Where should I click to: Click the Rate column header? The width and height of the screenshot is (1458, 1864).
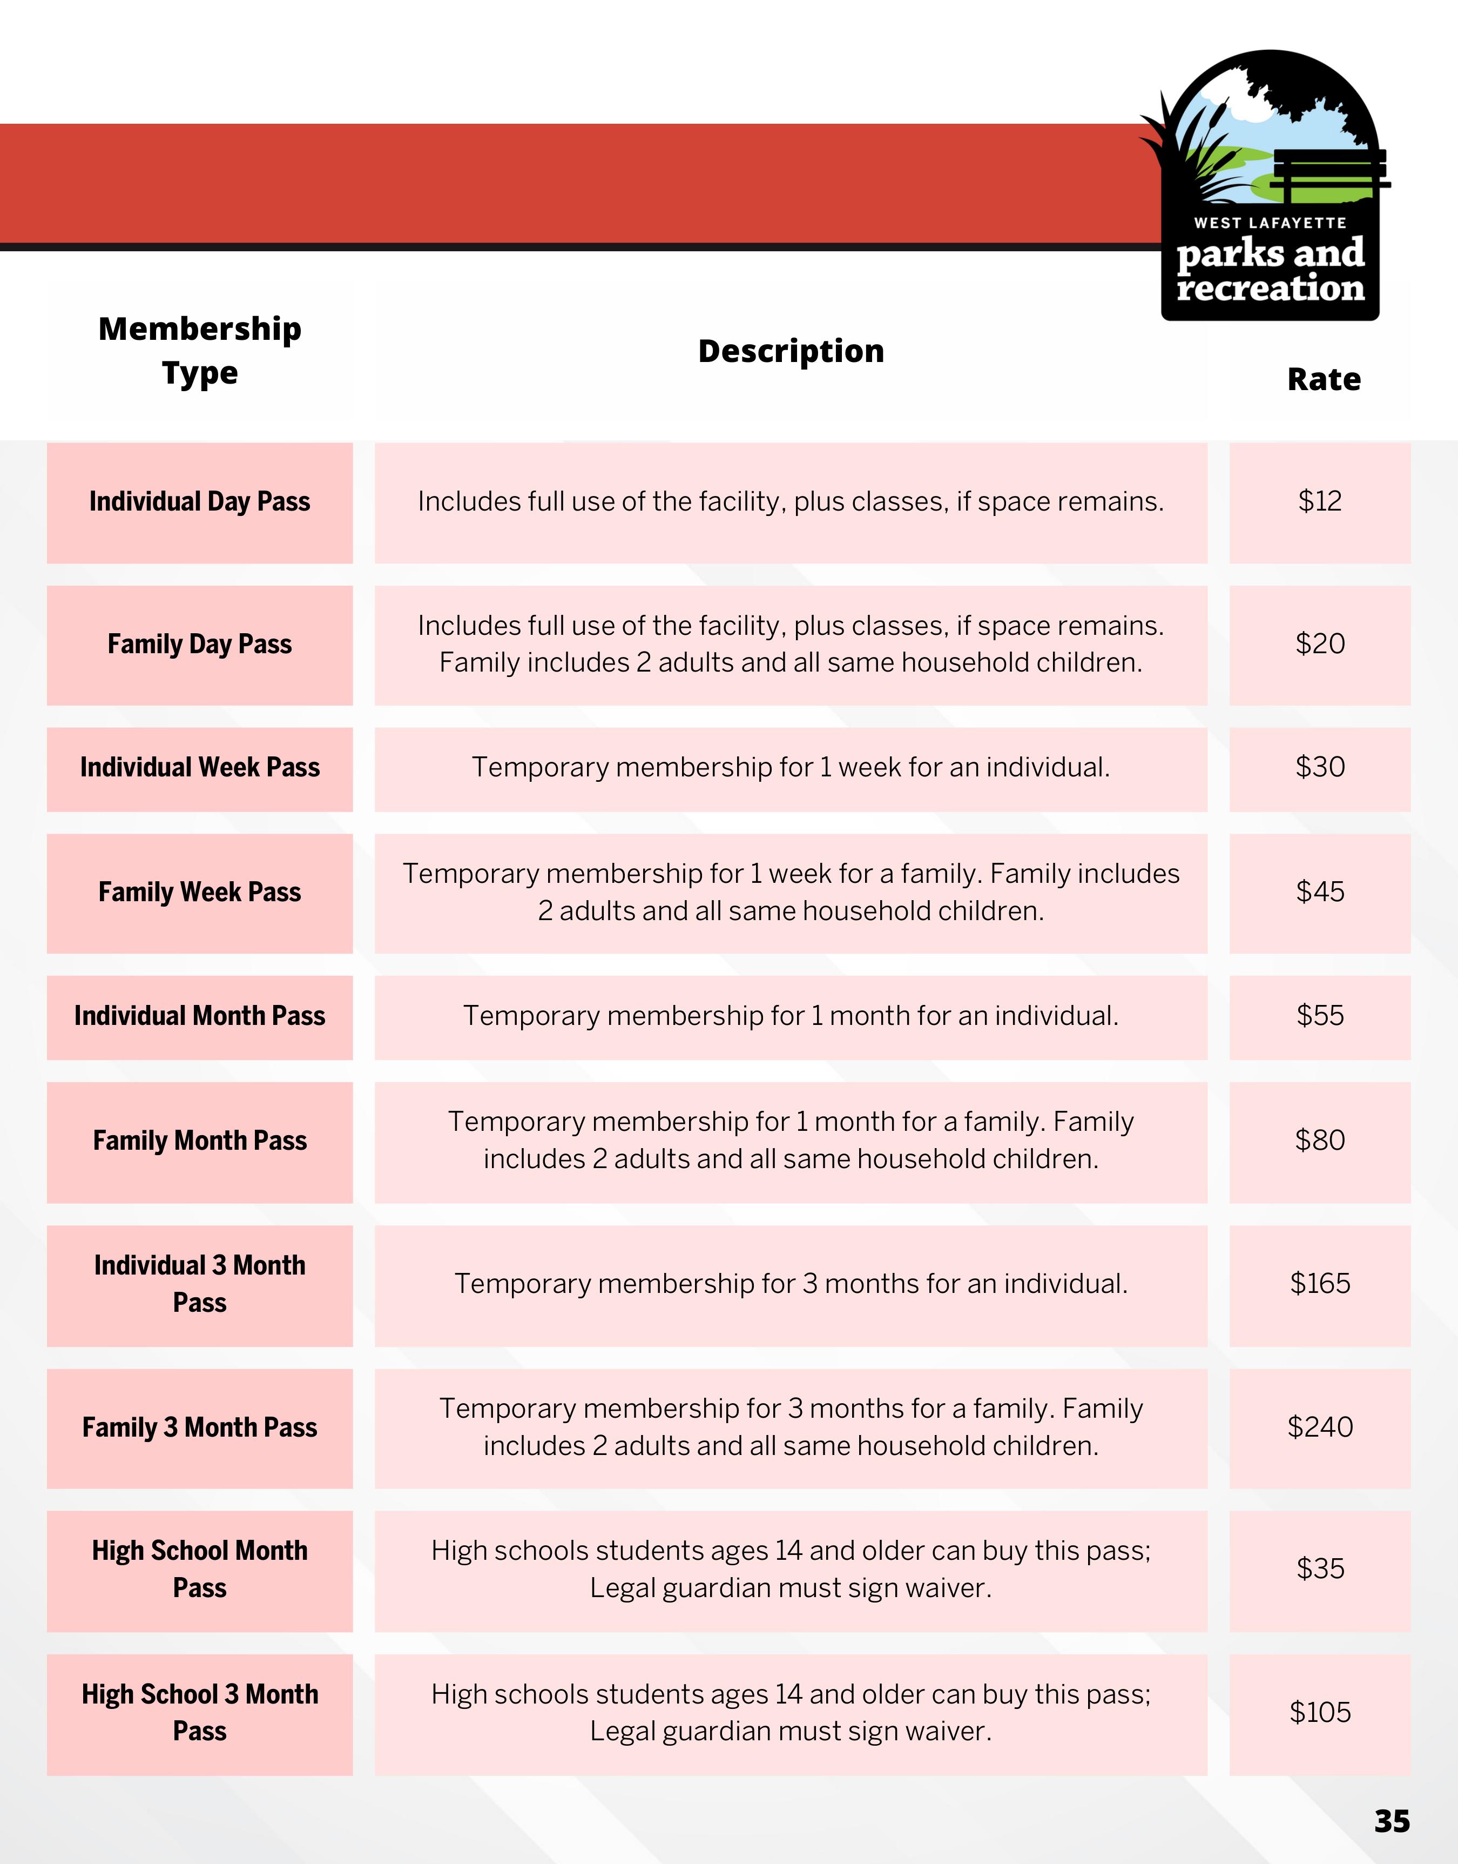[x=1323, y=379]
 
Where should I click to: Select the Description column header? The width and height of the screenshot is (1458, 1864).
[x=791, y=351]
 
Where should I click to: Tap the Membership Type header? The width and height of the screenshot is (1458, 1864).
[x=200, y=351]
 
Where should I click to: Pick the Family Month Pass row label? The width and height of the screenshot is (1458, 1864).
[x=200, y=1141]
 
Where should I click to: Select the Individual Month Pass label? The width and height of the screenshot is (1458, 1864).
[x=200, y=1016]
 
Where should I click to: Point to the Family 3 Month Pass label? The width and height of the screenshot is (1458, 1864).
[x=200, y=1427]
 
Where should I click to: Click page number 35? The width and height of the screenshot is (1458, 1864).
[x=1392, y=1821]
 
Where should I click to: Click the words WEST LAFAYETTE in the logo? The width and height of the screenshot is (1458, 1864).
[x=1270, y=223]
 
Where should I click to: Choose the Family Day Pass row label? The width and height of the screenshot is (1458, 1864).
[x=200, y=644]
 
